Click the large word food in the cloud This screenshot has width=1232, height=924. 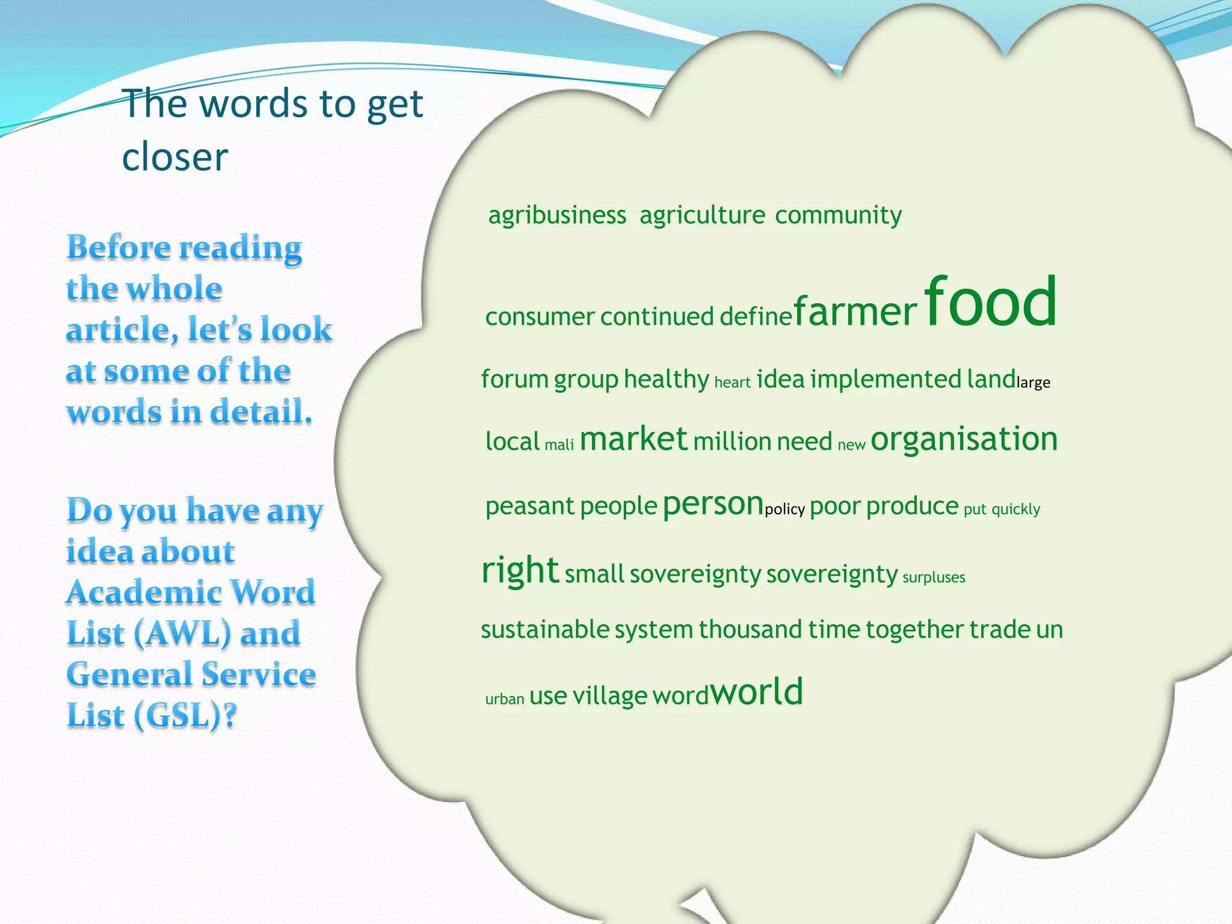tap(990, 301)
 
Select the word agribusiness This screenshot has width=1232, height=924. tap(557, 215)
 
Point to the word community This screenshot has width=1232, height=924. tap(838, 215)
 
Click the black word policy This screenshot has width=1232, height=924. tap(784, 510)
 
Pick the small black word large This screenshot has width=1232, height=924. tap(1033, 383)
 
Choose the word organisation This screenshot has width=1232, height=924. tap(964, 439)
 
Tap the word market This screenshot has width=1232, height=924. tap(633, 439)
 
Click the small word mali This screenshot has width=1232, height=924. tap(559, 445)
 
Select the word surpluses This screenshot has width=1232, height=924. tap(934, 577)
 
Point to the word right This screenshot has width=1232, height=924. tap(520, 570)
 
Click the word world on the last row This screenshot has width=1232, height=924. tap(757, 692)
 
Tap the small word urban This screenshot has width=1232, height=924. tap(505, 699)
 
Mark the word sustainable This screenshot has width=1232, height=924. tap(545, 630)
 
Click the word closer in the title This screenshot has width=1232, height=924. tap(175, 158)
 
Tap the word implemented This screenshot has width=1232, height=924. tap(885, 380)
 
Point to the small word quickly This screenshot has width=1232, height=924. tap(1015, 510)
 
